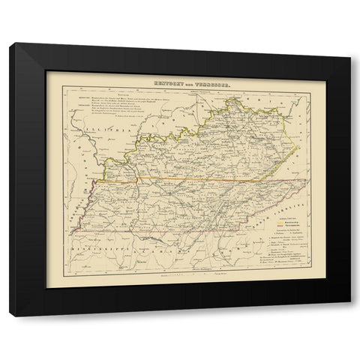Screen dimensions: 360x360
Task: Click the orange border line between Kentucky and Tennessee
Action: click(195, 182)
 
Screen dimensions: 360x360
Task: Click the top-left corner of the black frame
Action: click(10, 44)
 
